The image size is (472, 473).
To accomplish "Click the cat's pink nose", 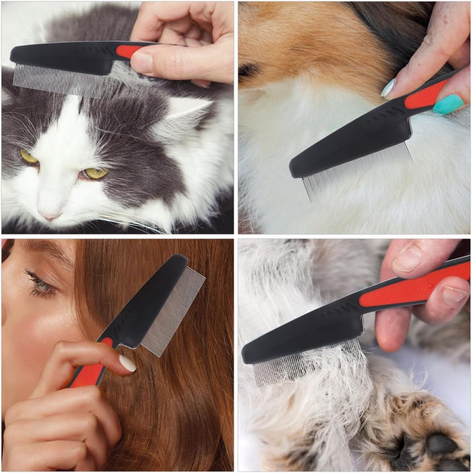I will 50,216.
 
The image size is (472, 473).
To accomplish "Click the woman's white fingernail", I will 128,363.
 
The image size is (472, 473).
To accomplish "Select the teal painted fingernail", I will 448,104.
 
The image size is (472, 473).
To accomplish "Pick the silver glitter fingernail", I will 388,88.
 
